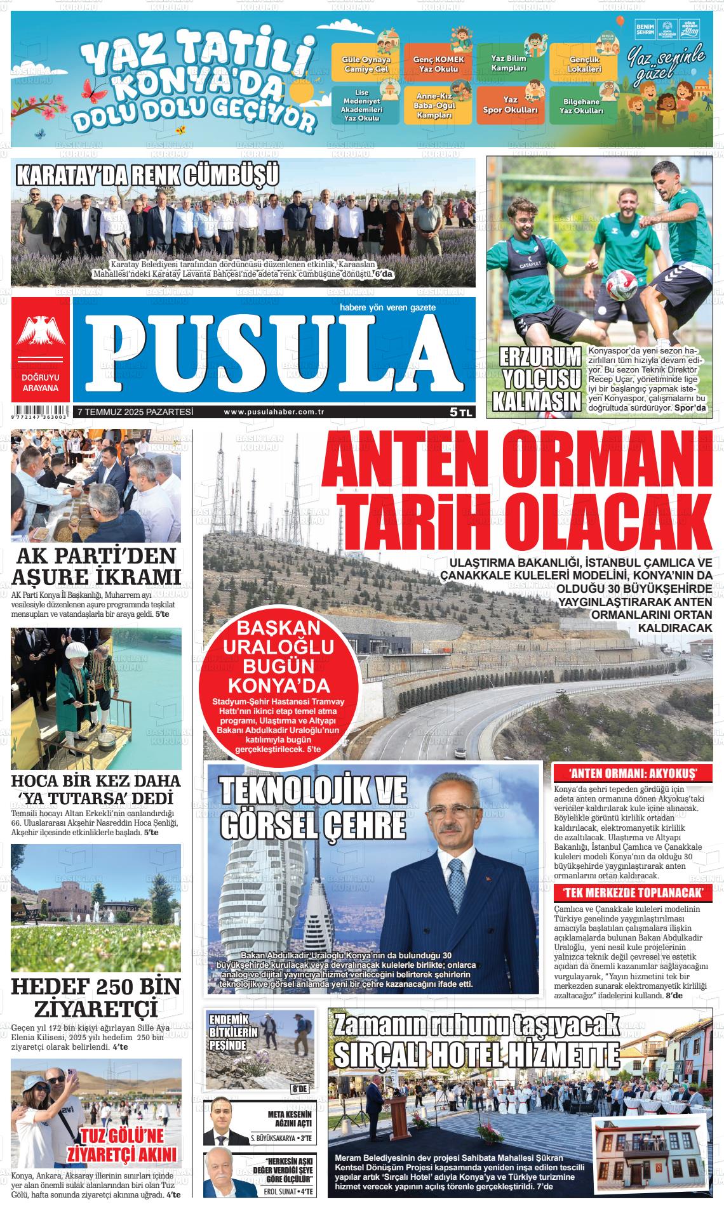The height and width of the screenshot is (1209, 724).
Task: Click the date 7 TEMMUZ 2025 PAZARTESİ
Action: coord(135,412)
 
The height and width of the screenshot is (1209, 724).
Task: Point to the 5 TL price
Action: coord(461,412)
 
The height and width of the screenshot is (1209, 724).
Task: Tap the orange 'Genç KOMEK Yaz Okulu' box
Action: coord(439,63)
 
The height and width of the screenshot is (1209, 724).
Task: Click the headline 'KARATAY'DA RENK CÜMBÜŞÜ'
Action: coord(147,176)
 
